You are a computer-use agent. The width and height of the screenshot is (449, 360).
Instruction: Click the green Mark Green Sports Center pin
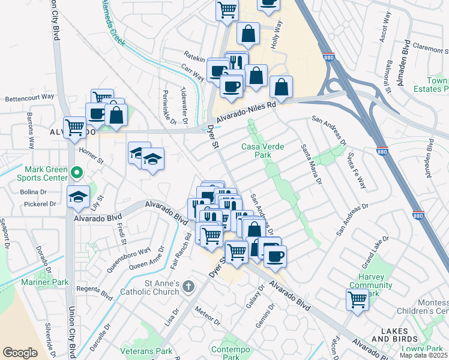point(76,173)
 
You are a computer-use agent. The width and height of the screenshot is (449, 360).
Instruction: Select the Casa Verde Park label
point(262,151)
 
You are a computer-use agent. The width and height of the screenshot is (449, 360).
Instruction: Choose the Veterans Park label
point(146,351)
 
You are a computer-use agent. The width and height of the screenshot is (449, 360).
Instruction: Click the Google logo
point(20,353)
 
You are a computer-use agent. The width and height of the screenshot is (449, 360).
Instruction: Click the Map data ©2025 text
point(424,355)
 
